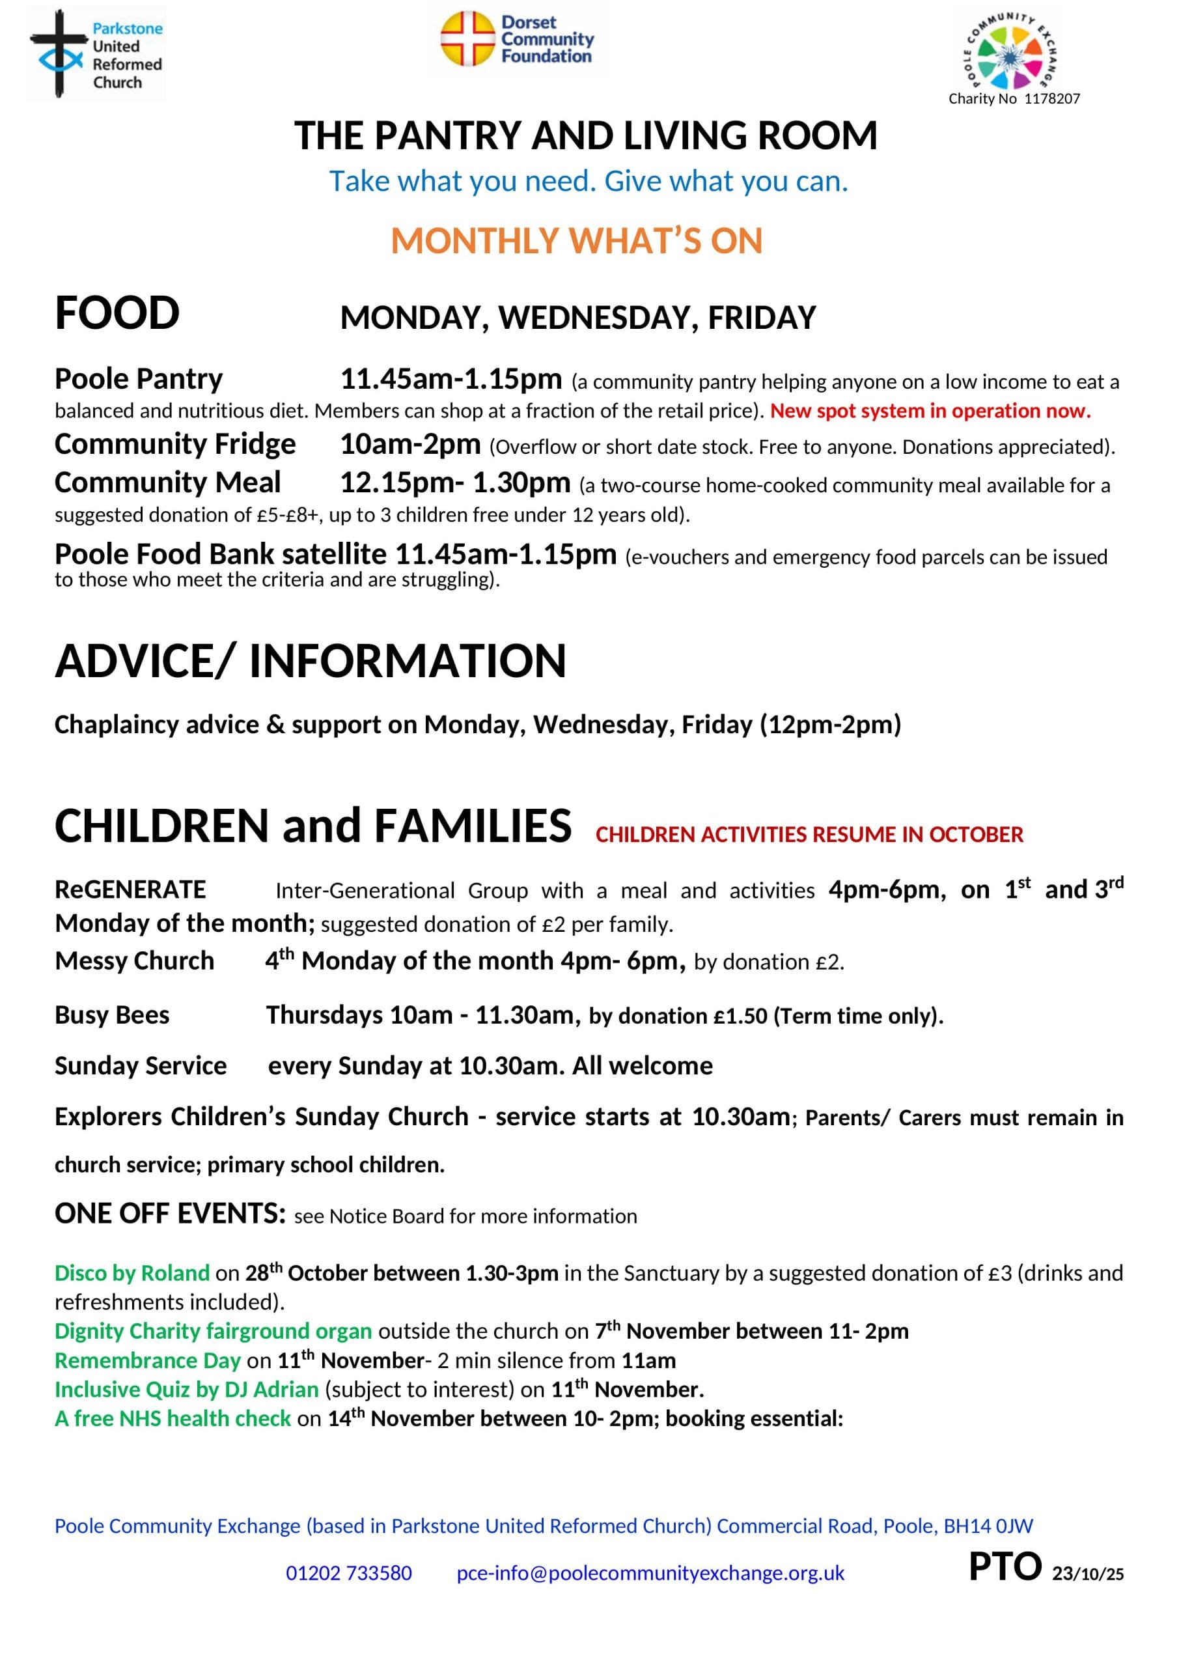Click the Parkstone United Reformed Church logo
point(95,54)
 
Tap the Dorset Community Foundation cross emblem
point(467,38)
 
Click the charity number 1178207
point(1014,99)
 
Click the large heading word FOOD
point(117,314)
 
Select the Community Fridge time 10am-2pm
point(410,443)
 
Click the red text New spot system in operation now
point(930,411)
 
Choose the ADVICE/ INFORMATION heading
point(310,661)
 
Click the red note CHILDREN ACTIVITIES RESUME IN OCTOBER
point(809,835)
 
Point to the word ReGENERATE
point(130,890)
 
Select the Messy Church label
point(134,960)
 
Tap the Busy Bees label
point(112,1015)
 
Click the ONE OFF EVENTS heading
point(170,1213)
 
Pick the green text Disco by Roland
point(132,1273)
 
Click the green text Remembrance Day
point(146,1360)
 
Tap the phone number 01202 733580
point(348,1573)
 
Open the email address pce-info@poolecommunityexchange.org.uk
point(650,1573)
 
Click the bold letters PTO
point(1005,1566)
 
